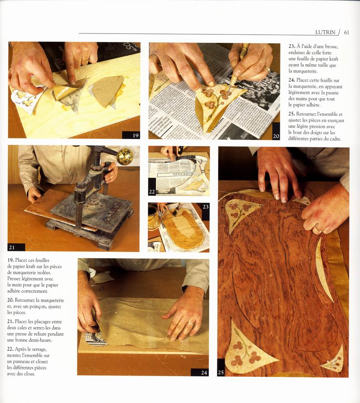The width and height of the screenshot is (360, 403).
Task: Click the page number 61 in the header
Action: click(x=346, y=32)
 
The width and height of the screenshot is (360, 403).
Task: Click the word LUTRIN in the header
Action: click(x=325, y=32)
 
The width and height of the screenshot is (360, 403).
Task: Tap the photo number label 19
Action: click(x=135, y=135)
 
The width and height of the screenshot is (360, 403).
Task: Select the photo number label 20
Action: click(x=276, y=136)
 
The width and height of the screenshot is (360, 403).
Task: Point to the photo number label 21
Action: click(x=12, y=247)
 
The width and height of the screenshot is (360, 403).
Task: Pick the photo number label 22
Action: click(x=152, y=192)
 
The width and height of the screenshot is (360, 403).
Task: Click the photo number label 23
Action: click(x=206, y=207)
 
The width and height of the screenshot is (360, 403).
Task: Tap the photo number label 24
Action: click(x=204, y=372)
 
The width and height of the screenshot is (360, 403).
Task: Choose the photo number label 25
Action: click(x=221, y=372)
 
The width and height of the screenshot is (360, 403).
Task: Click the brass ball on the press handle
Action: click(x=125, y=156)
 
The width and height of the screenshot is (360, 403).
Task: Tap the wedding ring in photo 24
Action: click(x=190, y=324)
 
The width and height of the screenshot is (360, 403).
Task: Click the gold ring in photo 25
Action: click(x=318, y=228)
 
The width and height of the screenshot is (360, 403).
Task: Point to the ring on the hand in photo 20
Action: click(x=267, y=69)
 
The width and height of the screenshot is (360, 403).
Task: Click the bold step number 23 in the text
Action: click(x=291, y=46)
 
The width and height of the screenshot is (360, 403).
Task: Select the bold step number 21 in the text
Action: click(x=10, y=322)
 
